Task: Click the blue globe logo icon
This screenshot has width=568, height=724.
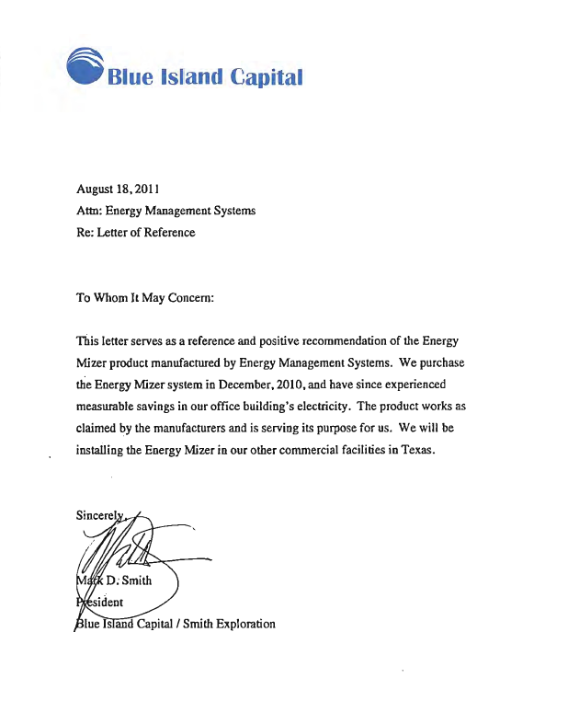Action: tap(85, 65)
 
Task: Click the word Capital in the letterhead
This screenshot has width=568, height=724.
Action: tap(267, 77)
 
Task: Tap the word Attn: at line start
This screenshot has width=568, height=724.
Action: tap(88, 211)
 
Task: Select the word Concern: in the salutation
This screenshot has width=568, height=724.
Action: tap(189, 297)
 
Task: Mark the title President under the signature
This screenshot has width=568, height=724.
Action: tap(102, 602)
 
